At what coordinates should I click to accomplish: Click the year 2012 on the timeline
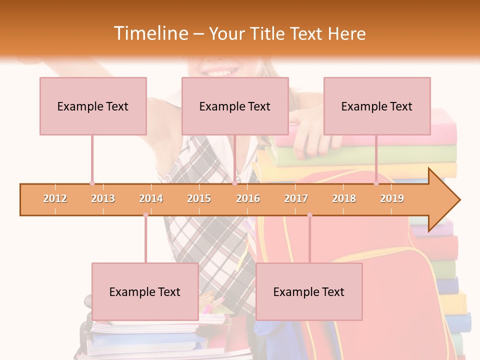point(55,198)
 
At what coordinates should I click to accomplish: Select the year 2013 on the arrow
point(103,198)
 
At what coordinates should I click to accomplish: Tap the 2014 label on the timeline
point(151,198)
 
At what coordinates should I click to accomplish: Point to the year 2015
point(199,198)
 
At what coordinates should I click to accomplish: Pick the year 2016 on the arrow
point(248,198)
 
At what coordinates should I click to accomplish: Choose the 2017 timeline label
point(296,198)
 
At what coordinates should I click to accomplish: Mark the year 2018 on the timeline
point(344,198)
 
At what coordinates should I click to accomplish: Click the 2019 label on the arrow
point(392,198)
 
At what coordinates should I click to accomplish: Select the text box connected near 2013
point(93,106)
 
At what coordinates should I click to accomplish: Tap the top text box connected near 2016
point(235,106)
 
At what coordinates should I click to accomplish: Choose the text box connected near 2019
point(377,106)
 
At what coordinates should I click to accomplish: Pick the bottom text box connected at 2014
point(145,291)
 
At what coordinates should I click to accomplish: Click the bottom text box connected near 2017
point(309,291)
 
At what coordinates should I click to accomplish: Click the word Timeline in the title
point(150,33)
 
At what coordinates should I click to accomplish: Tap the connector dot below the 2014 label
point(145,215)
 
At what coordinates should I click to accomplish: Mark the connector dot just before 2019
point(376,183)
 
